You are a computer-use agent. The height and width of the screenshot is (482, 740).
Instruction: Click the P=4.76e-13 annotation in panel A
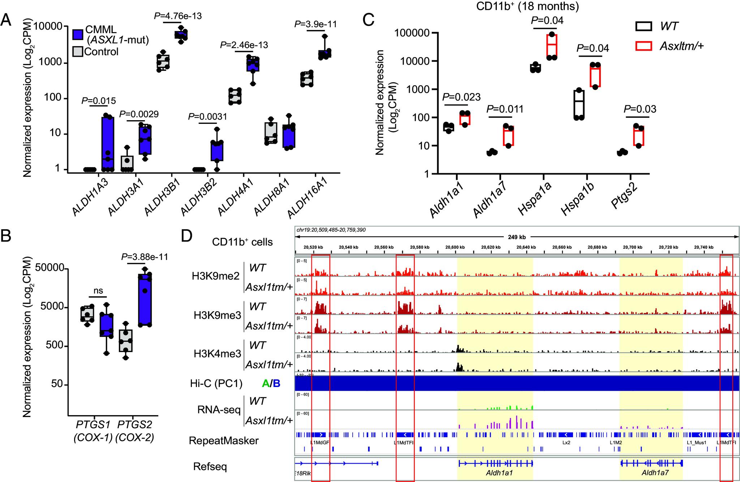(178, 16)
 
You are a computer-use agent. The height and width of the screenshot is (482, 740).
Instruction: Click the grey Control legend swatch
(78, 52)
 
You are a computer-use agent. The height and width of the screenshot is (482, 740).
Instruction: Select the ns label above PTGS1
(98, 291)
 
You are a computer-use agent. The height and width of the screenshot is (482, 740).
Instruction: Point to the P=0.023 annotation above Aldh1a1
(462, 97)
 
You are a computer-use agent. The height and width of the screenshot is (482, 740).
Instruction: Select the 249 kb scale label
(517, 237)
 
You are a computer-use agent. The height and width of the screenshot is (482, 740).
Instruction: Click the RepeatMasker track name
(224, 440)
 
